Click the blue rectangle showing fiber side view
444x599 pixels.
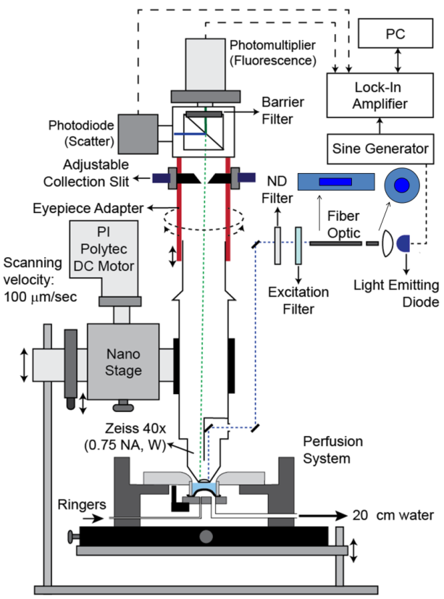(x=338, y=181)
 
